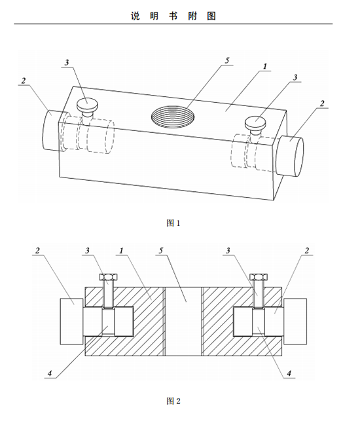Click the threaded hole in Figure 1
(173, 117)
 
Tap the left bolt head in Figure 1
(87, 105)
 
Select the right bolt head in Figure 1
(255, 122)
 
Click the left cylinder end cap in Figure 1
(52, 130)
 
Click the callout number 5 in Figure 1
(227, 60)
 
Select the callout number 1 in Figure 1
(265, 66)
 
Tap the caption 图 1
(173, 223)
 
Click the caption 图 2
(173, 401)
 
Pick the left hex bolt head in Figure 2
(109, 277)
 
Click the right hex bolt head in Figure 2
(259, 277)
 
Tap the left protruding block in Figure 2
(71, 321)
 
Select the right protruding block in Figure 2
(295, 321)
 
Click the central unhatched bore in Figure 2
(183, 321)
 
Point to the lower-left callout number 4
(50, 373)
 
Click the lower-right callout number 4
(289, 373)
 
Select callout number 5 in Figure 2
(161, 250)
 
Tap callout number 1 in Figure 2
(121, 250)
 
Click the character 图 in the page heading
(211, 16)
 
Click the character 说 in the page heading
(135, 16)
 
